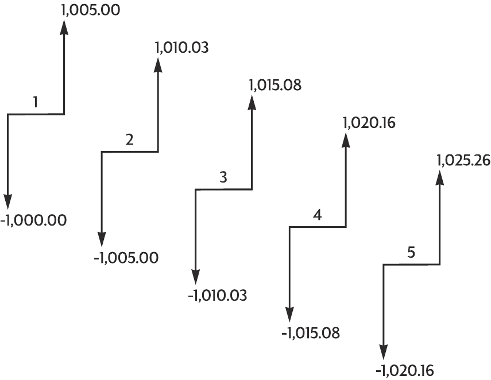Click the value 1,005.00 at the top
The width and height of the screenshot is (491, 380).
coord(90,10)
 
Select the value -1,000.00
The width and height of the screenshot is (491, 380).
coord(33,220)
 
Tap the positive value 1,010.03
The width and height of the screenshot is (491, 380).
coord(181,48)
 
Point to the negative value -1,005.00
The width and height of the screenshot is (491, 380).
coord(126,258)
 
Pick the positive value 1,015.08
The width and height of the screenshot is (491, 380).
coord(275,85)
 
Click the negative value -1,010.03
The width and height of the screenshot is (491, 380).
coord(218,296)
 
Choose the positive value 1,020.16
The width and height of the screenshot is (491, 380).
coord(369,123)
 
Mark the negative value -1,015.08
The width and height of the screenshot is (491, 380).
coord(311,332)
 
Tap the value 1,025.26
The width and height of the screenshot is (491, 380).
coord(463,161)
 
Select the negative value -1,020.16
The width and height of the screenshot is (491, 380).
coord(406,370)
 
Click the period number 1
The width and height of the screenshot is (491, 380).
coord(36,102)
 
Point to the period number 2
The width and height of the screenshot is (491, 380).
coord(129,139)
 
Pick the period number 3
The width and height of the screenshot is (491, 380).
coord(223,177)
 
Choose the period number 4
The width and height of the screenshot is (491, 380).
coord(318,215)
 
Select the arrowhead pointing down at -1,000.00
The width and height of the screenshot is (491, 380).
coord(7,201)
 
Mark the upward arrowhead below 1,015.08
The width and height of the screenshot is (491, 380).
coord(252,102)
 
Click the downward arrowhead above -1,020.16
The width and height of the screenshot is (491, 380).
coord(383,352)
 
